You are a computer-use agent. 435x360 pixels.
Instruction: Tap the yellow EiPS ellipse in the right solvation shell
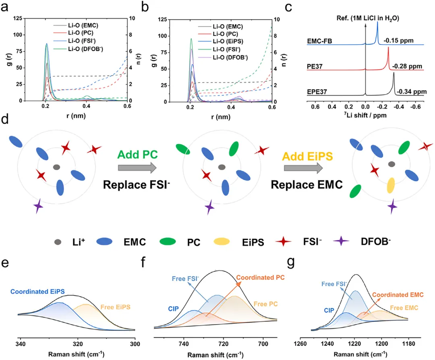[x=390, y=186]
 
